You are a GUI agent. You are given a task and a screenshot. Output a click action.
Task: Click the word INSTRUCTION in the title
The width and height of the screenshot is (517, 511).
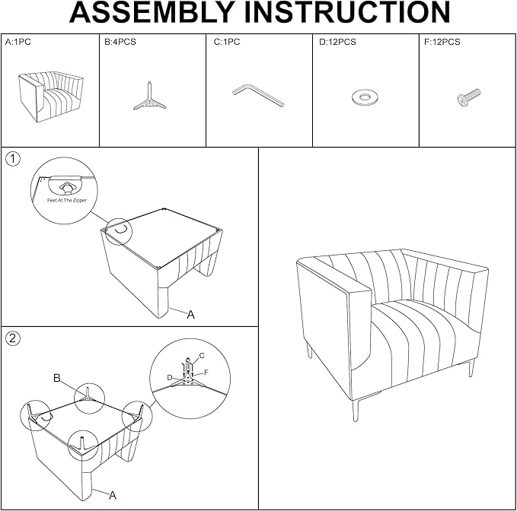click(x=347, y=12)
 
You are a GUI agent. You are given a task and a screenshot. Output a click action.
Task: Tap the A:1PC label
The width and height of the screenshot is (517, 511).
click(x=18, y=42)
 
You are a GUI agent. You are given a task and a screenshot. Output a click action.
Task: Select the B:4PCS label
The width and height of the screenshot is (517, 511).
click(x=120, y=42)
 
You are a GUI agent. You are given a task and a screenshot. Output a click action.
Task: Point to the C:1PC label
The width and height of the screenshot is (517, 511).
click(x=227, y=42)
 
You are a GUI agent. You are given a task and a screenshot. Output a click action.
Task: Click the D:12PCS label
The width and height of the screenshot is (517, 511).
click(x=337, y=42)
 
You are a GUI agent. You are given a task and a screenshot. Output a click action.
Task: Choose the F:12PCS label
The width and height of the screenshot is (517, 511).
click(x=442, y=42)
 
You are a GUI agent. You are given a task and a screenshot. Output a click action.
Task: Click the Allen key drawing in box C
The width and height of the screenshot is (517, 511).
click(x=258, y=96)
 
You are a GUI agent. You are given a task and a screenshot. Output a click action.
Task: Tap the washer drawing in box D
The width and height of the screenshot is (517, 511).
click(x=365, y=97)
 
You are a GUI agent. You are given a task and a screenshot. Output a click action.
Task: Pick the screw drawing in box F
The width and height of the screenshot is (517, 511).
click(x=469, y=97)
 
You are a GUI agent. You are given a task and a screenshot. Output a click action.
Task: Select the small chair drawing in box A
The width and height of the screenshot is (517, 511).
click(x=50, y=96)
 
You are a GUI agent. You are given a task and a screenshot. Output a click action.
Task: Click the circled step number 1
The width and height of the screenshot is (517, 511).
click(x=13, y=159)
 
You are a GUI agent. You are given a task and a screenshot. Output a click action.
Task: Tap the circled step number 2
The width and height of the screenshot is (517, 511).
click(x=13, y=338)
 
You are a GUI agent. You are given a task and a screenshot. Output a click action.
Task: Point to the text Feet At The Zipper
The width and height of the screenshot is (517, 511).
click(x=66, y=200)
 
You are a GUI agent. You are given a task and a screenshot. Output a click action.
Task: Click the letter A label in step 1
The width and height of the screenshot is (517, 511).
click(x=190, y=315)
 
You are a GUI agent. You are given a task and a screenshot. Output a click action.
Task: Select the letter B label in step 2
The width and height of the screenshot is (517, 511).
click(x=56, y=379)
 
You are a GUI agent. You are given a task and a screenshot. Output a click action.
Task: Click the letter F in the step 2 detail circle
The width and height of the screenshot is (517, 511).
click(x=206, y=373)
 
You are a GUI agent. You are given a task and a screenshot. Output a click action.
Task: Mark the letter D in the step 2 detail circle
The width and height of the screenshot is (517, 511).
click(x=170, y=378)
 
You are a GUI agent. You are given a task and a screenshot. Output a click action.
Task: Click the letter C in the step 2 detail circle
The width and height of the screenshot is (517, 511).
click(x=202, y=356)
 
